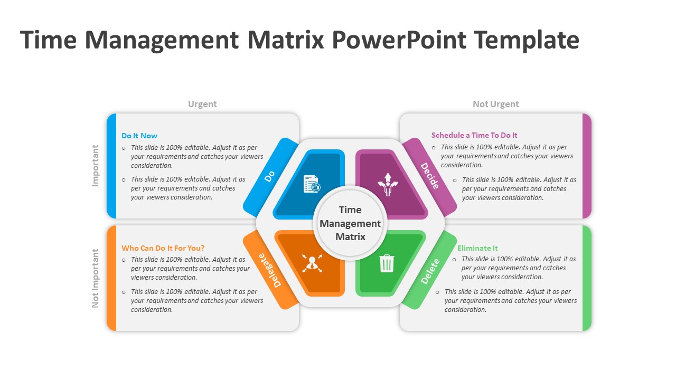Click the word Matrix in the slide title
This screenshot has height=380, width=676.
pos(286,40)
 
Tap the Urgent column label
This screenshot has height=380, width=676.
pos(202,104)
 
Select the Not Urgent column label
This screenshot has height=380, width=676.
pos(495,104)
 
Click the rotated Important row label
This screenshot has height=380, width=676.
pos(96,166)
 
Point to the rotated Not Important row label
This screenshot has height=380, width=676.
pos(96,278)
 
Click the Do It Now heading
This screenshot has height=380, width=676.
pos(139,136)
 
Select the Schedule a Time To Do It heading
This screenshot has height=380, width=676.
pos(474,135)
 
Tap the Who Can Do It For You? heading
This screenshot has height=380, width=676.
pos(163,248)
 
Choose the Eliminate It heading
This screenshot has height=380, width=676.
pos(477,248)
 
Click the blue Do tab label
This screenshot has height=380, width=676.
pos(269,176)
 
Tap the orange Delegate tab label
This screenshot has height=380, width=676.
pos(270,270)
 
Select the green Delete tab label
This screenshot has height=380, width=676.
pos(430,271)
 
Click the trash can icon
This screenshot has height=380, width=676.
pos(387,263)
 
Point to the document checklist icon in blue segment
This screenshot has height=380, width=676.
pos(312,184)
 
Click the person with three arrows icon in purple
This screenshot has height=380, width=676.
pos(388,184)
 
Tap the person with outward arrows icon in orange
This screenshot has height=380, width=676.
pos(312,263)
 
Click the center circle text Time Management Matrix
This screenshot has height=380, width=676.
pos(350,223)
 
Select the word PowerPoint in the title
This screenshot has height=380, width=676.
pos(399,40)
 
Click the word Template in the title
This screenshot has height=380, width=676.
pos(527,40)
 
